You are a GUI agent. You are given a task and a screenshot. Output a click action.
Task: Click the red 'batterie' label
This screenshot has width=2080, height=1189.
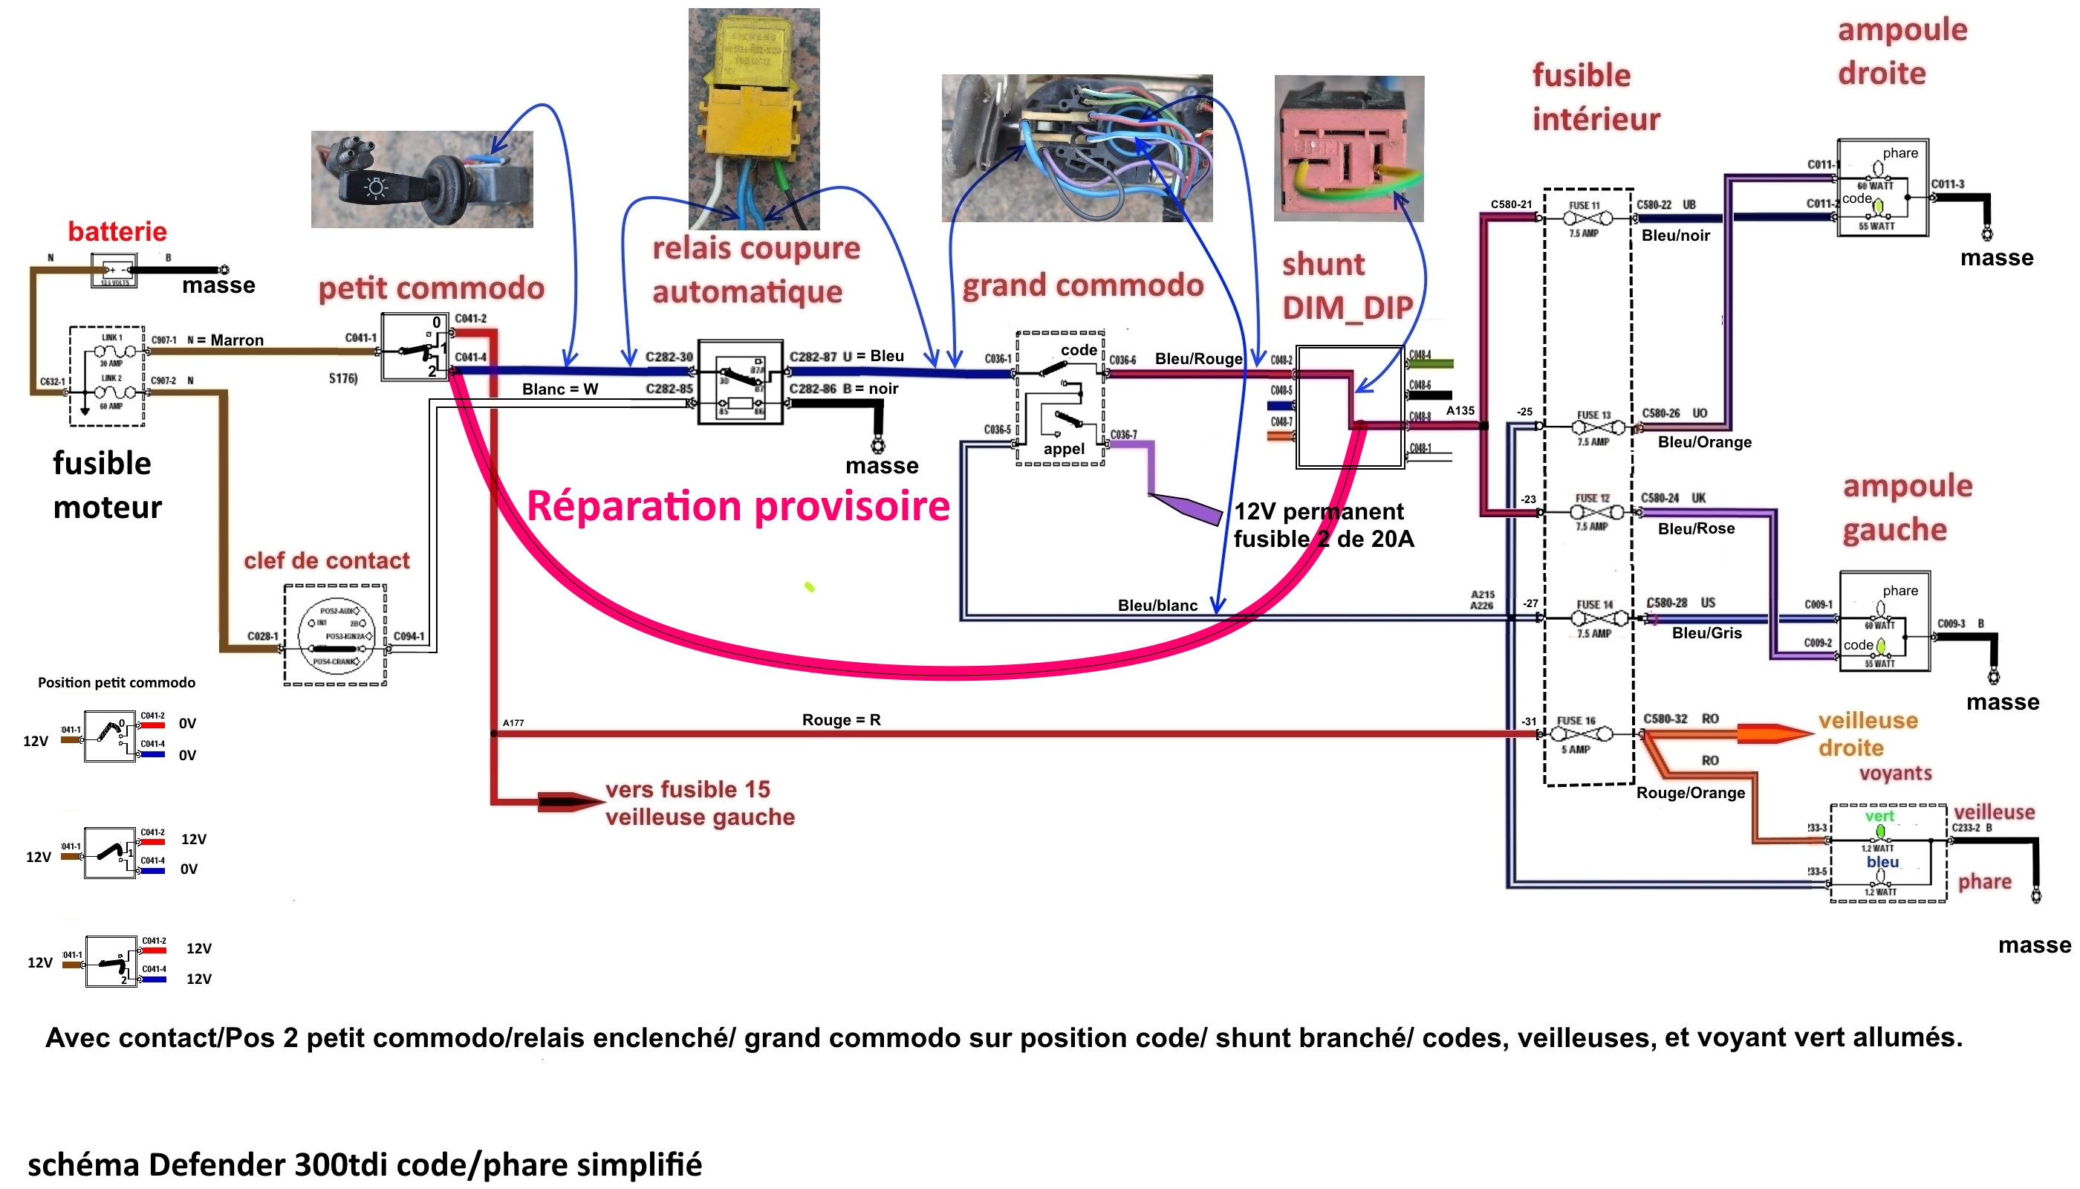tap(117, 231)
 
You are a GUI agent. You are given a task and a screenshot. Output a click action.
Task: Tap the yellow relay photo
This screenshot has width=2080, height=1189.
tap(753, 118)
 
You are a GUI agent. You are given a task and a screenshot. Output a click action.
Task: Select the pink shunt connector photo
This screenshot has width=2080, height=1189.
tap(1348, 149)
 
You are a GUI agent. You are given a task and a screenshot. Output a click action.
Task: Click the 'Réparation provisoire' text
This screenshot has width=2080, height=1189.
tap(737, 505)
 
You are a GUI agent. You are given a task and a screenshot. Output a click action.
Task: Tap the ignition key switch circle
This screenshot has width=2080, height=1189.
tap(336, 635)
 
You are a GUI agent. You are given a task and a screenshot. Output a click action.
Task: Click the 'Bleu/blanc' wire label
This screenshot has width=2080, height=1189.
tap(1157, 605)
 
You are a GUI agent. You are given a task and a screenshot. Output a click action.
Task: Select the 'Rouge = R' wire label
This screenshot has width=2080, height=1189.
tap(841, 719)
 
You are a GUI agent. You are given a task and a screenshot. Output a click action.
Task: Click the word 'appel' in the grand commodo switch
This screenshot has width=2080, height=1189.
tap(1063, 448)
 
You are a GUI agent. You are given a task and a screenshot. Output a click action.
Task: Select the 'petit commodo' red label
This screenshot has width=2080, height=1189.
tap(430, 288)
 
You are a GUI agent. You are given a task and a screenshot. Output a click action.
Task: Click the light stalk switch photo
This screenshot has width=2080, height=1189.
tap(421, 179)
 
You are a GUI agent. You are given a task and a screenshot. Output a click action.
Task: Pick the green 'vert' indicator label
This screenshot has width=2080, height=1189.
tap(1879, 816)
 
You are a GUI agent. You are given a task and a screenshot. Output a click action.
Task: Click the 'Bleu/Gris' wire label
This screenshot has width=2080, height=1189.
tap(1706, 633)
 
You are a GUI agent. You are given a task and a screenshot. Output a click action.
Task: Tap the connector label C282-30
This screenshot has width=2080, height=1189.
tap(669, 357)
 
